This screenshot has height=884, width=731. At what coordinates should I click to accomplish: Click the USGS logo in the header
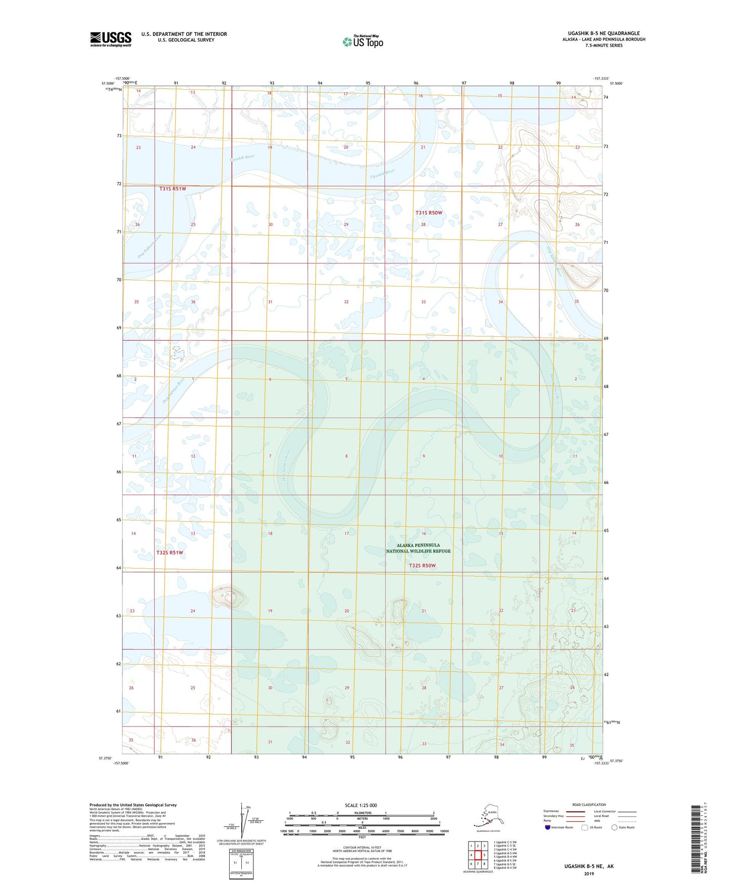click(x=110, y=39)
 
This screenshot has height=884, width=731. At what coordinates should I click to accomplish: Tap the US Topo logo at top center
click(x=362, y=41)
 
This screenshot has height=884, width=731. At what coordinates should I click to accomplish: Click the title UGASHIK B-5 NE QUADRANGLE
click(x=600, y=33)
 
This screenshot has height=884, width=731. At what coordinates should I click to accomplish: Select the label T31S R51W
click(x=173, y=189)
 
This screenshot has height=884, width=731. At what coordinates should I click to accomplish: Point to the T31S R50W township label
click(x=428, y=213)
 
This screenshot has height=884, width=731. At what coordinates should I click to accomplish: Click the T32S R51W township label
click(x=169, y=553)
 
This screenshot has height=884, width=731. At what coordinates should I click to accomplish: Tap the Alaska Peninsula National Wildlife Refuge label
click(x=418, y=548)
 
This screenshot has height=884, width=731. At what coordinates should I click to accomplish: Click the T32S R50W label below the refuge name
click(x=422, y=566)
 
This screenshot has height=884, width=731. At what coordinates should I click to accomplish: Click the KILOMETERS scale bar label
click(x=361, y=813)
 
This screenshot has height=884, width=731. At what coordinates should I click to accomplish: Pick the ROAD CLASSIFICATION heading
click(x=589, y=805)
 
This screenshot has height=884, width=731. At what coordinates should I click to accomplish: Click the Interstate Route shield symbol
click(x=547, y=827)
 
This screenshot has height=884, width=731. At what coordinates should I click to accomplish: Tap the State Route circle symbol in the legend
click(x=614, y=827)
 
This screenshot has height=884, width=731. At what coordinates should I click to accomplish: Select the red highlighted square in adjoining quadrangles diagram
click(x=478, y=855)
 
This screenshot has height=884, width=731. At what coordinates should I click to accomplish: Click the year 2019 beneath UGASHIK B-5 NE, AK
click(x=588, y=873)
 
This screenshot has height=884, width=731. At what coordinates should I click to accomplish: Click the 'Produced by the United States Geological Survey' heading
click(x=133, y=805)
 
